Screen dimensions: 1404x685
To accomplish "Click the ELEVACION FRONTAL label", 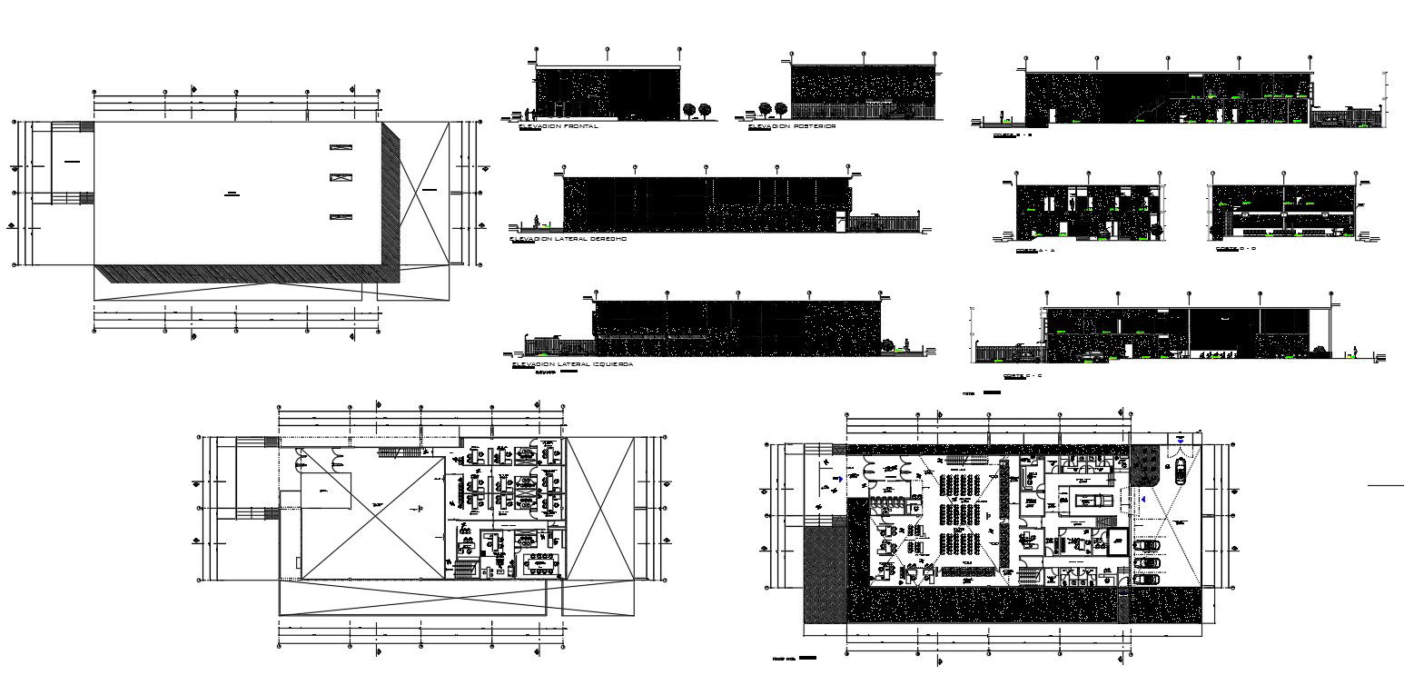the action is tap(558, 127).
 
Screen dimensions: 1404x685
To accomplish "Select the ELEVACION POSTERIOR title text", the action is tap(792, 127).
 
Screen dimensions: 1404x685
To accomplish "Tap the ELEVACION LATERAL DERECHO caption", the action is tap(569, 239).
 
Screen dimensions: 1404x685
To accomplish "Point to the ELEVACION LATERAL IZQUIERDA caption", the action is tap(572, 364).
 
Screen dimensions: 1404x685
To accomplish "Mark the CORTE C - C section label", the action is tap(1022, 375).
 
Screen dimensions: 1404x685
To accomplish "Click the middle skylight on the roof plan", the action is tap(341, 177).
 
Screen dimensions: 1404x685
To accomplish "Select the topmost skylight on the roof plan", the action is tap(341, 147).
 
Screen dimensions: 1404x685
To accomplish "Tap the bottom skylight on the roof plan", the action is tap(341, 216).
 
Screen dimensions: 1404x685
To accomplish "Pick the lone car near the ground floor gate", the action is tap(1180, 471).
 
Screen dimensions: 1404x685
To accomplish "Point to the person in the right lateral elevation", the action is tap(536, 221).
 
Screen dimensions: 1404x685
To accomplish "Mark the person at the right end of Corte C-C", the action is tap(1355, 352).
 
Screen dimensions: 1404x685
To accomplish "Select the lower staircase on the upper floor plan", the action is tap(462, 569).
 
